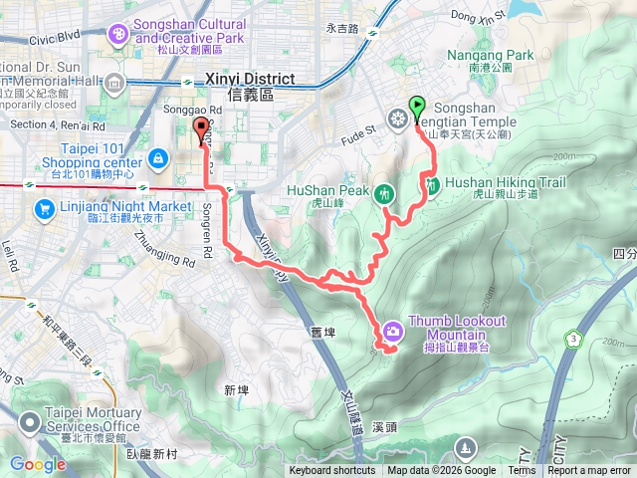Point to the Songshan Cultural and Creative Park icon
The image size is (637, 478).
pos(118,35)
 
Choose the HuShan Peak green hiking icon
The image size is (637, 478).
pos(386,193)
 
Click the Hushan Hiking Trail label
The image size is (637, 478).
pos(505,182)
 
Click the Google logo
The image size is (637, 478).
pos(38,464)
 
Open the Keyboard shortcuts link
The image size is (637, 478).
pos(332,471)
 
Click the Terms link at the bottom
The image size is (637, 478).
pos(522,471)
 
